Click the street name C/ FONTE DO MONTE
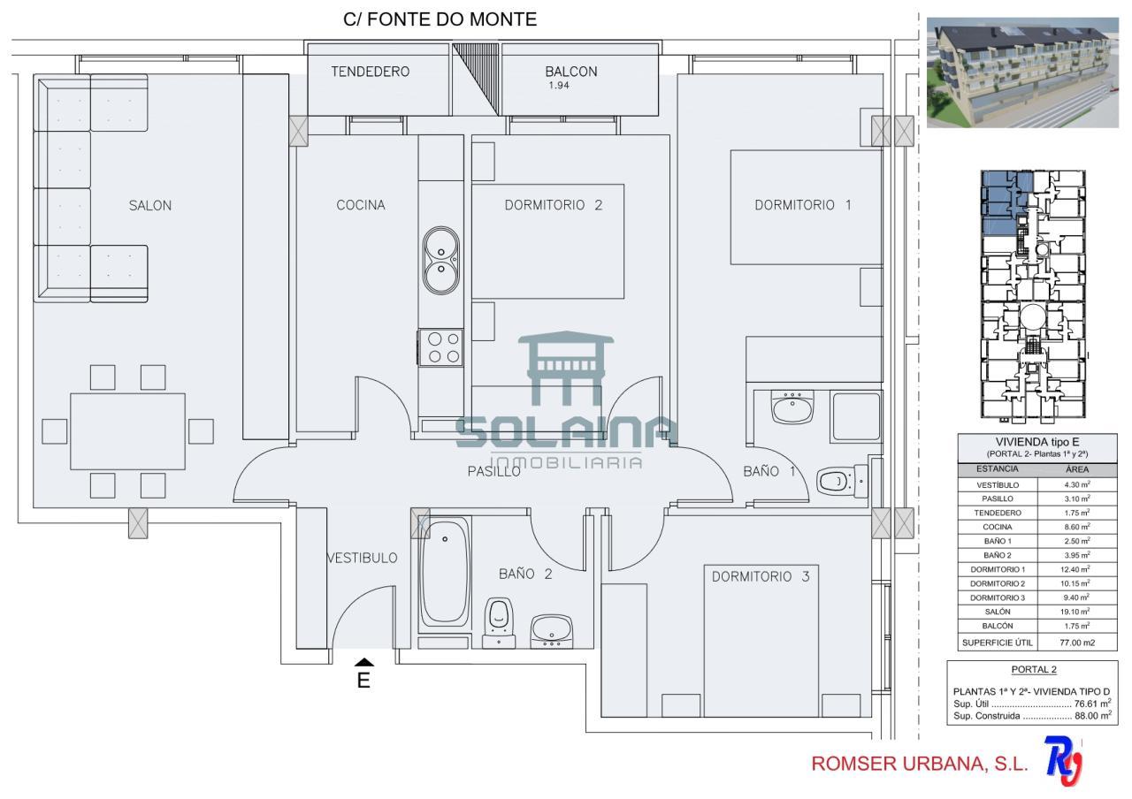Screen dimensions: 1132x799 click(440, 19)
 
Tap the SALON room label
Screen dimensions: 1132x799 click(150, 206)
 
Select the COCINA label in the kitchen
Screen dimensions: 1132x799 click(361, 205)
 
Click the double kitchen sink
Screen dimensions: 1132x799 click(441, 261)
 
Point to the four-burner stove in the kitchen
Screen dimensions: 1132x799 click(440, 347)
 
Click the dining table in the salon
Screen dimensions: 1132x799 click(128, 432)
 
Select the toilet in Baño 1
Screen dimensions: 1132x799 click(842, 481)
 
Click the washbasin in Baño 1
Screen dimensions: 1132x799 click(792, 407)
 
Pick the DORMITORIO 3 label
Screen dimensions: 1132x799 click(761, 577)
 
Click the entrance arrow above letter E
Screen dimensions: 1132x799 click(363, 663)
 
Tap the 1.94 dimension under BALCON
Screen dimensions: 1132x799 click(559, 86)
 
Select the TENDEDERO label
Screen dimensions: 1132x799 click(371, 72)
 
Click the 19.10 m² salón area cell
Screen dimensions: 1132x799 click(1076, 612)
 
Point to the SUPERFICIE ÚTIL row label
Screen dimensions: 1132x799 click(998, 643)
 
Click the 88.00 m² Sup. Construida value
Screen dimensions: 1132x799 click(1093, 716)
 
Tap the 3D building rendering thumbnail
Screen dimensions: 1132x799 click(1023, 72)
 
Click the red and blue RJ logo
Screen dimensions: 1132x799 click(1063, 761)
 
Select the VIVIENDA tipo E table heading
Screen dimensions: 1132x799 click(1037, 442)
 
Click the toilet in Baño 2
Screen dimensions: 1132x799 click(499, 623)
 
